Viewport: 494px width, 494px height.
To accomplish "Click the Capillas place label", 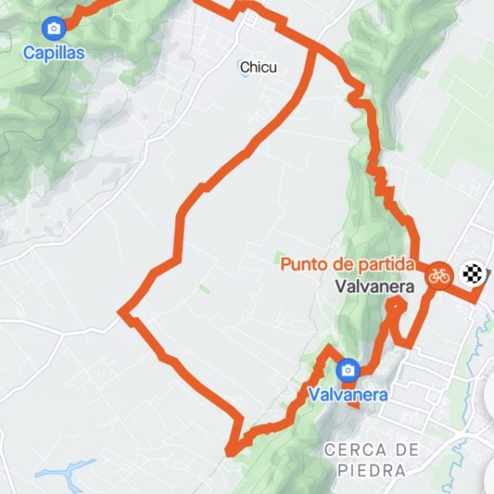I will [x=55, y=53].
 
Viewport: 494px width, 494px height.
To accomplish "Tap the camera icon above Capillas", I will [x=54, y=29].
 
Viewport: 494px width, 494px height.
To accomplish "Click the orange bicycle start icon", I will [x=438, y=275].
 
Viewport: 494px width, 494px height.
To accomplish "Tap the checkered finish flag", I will [x=472, y=272].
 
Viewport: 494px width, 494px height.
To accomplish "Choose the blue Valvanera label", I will [x=347, y=394].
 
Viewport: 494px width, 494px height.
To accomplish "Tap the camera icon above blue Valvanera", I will [x=348, y=370].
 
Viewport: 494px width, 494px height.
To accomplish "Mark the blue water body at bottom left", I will [x=66, y=473].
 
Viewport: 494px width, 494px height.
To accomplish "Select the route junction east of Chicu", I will [x=315, y=49].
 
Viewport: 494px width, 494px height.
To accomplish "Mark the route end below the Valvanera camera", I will [x=356, y=406].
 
